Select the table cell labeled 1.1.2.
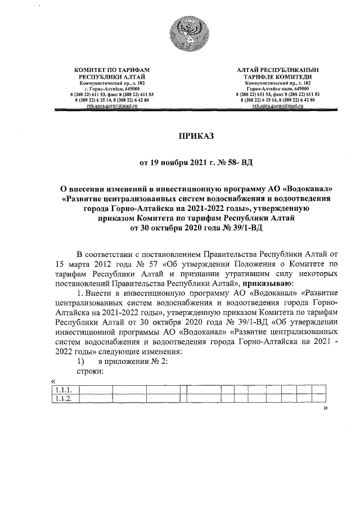pos(65,399)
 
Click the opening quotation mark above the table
pos(53,381)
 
